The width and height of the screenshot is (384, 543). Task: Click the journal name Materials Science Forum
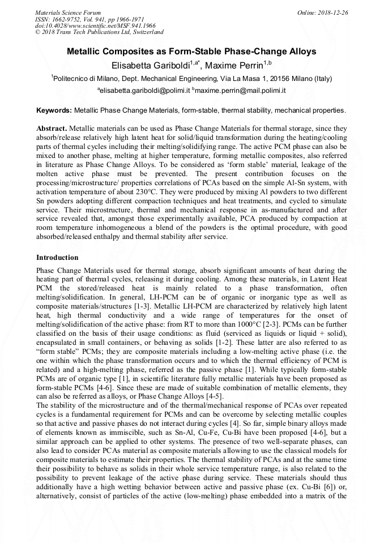[68, 12]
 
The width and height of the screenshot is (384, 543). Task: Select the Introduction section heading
[57, 258]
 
